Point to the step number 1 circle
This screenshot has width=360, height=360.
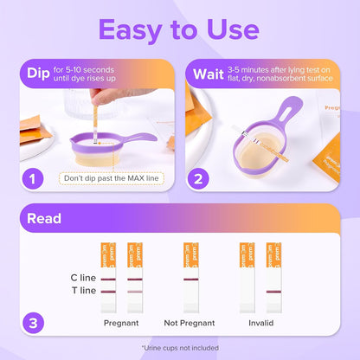(x=32, y=178)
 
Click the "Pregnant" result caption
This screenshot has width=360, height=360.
(x=121, y=323)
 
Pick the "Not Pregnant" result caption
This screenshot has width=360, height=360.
(x=189, y=323)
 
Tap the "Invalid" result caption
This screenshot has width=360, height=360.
(x=260, y=323)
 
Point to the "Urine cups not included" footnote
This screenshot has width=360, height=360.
(x=179, y=347)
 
